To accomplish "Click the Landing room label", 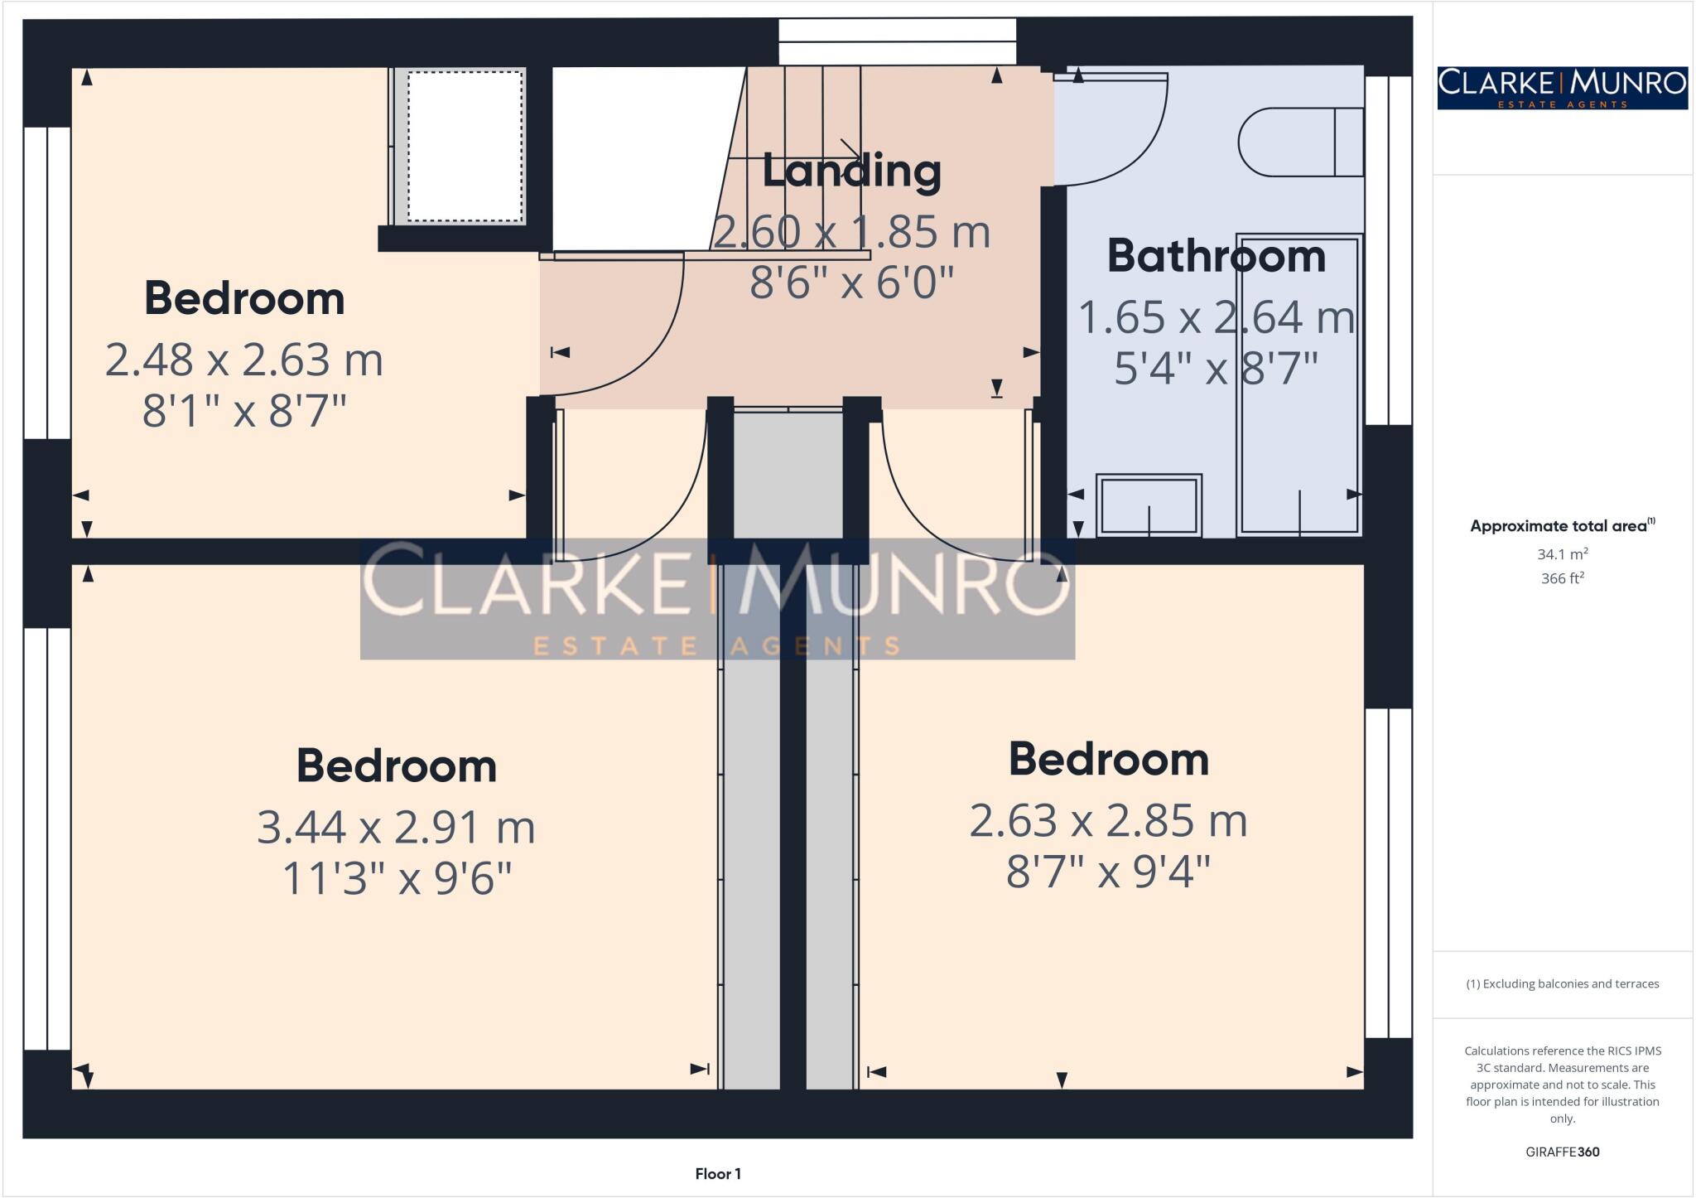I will click(x=851, y=171).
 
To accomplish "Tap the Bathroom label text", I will click(x=1216, y=256).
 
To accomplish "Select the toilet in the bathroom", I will click(x=1300, y=143).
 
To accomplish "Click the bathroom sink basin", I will click(x=1149, y=505).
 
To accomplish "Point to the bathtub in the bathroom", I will click(x=1298, y=385).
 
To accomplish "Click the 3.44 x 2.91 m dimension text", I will click(x=396, y=827).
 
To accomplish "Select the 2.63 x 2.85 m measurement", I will click(x=1108, y=821).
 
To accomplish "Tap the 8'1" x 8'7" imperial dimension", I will click(x=243, y=410).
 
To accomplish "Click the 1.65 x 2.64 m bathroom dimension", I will click(x=1216, y=318).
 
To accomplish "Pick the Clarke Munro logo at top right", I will click(x=1562, y=88).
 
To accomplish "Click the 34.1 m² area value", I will click(x=1562, y=553).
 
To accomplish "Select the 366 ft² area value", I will click(x=1562, y=578).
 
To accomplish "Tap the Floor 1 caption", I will click(x=718, y=1173).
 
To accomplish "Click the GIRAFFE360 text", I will click(x=1562, y=1152).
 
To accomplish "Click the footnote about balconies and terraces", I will click(x=1562, y=983).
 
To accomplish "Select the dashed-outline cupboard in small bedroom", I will click(x=465, y=146).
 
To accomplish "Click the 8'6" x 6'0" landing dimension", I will click(x=851, y=283).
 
